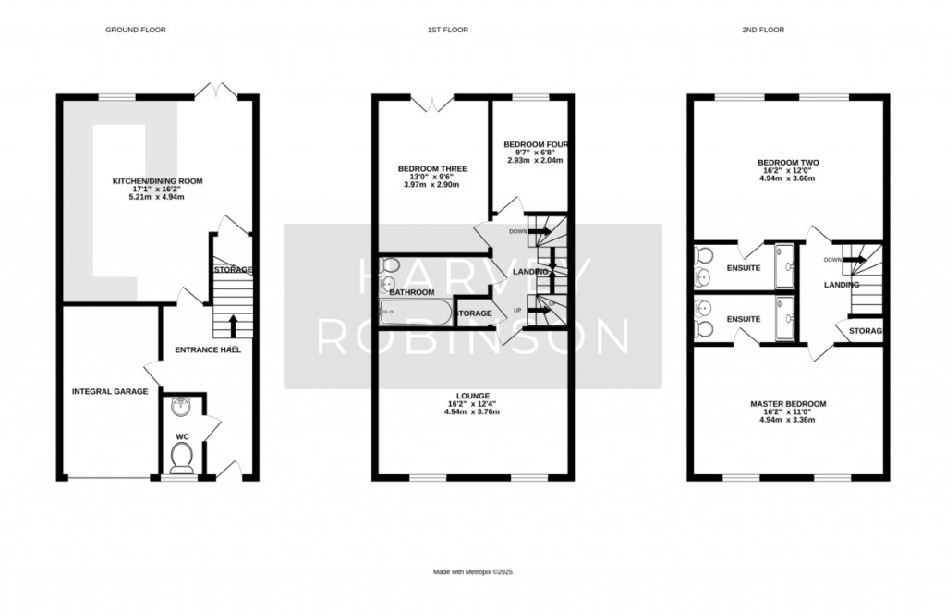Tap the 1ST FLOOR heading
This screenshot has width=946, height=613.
(447, 31)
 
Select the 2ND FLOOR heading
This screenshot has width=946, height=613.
(763, 31)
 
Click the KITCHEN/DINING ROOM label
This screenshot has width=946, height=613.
(157, 181)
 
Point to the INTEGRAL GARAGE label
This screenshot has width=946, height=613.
(110, 392)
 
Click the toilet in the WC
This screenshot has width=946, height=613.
(183, 456)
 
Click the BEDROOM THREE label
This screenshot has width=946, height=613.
(432, 169)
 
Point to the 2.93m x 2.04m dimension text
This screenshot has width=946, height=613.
(534, 160)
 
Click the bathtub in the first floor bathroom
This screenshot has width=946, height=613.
(415, 313)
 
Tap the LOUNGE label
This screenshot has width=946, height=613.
(471, 395)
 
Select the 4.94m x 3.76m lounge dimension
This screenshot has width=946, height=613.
(471, 411)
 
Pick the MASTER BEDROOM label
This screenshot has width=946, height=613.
(787, 404)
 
